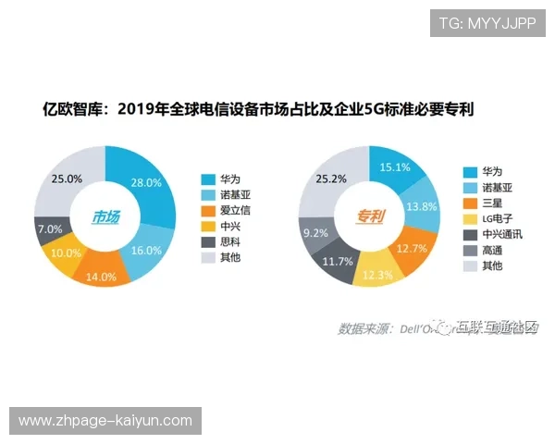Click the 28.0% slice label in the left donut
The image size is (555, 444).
[146, 182]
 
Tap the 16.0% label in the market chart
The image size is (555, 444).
[146, 251]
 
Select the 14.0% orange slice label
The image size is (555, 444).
[101, 276]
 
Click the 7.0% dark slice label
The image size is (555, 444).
[50, 228]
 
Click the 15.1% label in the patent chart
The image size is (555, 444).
[395, 167]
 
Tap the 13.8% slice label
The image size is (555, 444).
[422, 206]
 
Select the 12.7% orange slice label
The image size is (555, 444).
[411, 248]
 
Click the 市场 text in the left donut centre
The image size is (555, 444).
[105, 218]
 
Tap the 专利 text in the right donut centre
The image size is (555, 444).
[370, 218]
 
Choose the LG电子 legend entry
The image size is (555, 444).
[491, 218]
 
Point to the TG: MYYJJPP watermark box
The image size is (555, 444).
[487, 23]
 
